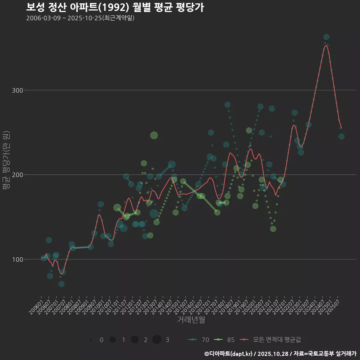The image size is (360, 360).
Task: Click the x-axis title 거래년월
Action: click(191, 320)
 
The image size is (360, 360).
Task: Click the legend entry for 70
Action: click(199, 340)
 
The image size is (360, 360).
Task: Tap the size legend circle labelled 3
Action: click(157, 340)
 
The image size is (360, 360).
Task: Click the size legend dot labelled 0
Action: click(91, 340)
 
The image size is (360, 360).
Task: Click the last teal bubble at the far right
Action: click(341, 136)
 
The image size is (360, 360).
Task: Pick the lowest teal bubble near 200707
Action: click(61, 284)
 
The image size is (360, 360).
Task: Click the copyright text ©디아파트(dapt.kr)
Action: click(229, 354)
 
